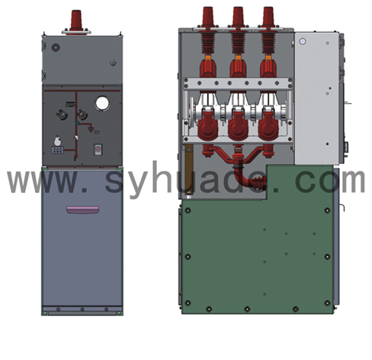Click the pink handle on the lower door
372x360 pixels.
(82, 210)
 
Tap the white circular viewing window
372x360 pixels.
(102, 103)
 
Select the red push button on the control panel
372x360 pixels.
(98, 149)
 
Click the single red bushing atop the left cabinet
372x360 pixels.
(76, 21)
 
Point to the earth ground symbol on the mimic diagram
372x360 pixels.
(90, 129)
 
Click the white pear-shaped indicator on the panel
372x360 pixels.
(58, 140)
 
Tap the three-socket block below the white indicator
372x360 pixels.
(57, 150)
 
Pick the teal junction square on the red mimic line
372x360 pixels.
(78, 124)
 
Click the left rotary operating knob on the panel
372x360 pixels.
(62, 115)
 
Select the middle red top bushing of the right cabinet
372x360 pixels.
(238, 16)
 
